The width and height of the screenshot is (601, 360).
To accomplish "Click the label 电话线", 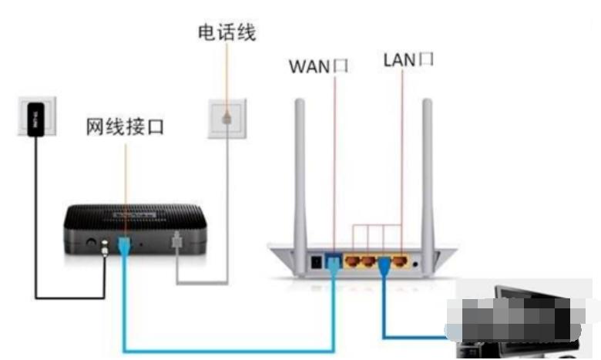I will tap(226, 32).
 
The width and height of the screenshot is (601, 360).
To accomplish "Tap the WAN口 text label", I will tap(318, 66).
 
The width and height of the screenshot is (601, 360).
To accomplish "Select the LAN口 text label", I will tap(408, 60).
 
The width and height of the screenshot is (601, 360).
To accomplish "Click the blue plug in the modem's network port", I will tap(123, 247).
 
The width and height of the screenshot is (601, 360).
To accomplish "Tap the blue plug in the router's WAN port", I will tap(334, 264).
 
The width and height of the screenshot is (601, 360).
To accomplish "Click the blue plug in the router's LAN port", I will tap(384, 265).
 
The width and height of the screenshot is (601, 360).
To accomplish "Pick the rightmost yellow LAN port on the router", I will tap(399, 262).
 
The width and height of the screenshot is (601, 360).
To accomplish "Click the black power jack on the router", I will tap(315, 262).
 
